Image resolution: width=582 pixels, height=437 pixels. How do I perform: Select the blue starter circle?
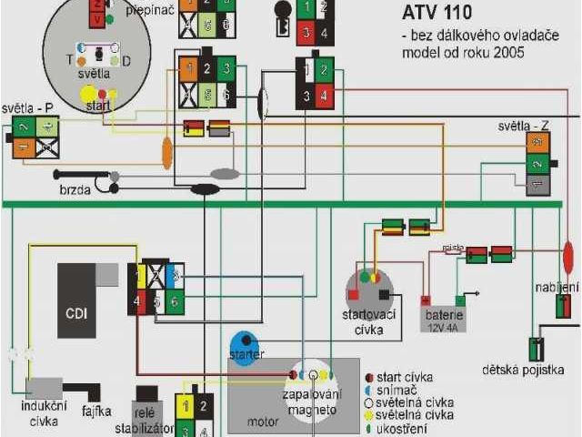tap(245, 345)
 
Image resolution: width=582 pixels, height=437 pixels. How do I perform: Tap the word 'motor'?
tap(264, 422)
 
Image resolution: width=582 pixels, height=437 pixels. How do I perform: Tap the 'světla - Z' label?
tap(524, 125)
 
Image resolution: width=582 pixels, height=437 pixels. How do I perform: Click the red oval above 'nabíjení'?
tap(568, 259)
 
